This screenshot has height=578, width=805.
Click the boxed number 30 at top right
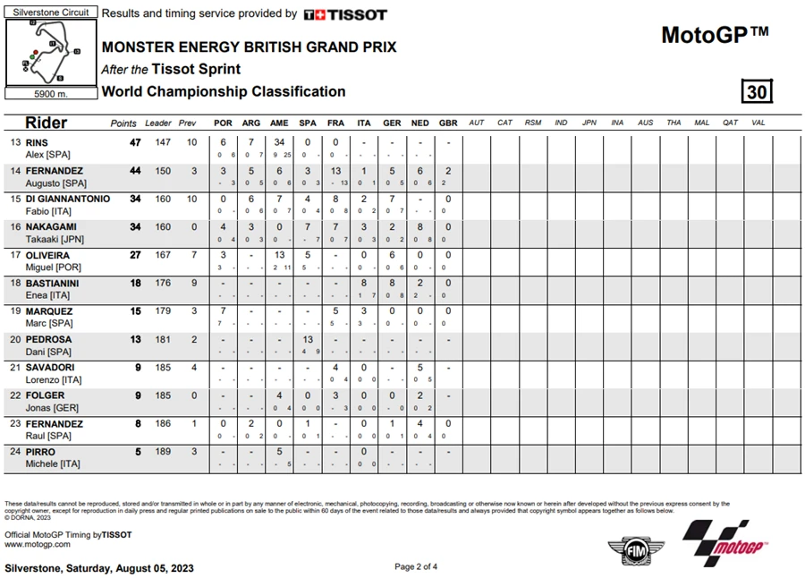[x=756, y=92]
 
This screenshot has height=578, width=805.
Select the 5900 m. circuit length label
[x=50, y=93]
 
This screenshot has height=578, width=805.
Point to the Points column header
[x=123, y=123]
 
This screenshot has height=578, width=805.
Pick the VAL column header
[x=758, y=123]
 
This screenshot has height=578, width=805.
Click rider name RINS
[x=37, y=142]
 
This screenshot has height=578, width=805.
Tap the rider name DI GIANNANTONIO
[x=67, y=199]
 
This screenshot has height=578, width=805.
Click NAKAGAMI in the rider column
[x=51, y=227]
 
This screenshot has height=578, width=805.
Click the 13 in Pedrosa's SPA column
[x=308, y=340]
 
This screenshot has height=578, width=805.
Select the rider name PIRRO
[x=40, y=452]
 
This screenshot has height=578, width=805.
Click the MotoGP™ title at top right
[x=715, y=35]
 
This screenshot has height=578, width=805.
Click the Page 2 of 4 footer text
[x=416, y=566]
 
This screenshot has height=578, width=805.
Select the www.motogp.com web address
[x=37, y=544]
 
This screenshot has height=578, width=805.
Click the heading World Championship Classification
[x=224, y=91]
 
